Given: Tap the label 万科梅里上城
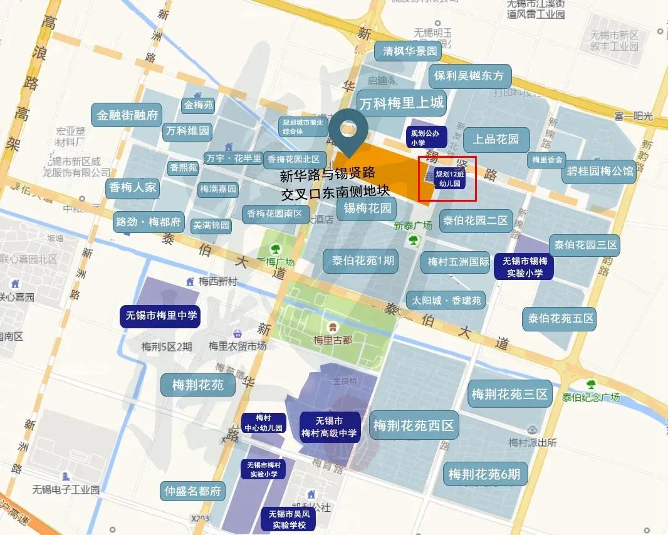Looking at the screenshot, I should click(401, 102).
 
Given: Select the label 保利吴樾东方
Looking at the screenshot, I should click(469, 76).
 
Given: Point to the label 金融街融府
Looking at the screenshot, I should click(127, 116).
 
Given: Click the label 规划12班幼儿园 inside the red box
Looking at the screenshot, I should click(449, 179).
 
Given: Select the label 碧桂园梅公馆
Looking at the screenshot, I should click(600, 172).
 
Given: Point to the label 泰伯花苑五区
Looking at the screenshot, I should click(560, 319).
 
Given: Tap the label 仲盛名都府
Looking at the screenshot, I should click(192, 491).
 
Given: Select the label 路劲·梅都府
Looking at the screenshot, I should click(149, 222).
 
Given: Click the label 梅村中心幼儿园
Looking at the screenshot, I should click(264, 423).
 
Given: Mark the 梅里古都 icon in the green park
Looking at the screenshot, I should click(333, 326).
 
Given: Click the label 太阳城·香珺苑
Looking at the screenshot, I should click(446, 301).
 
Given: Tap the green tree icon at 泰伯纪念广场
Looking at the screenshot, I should click(590, 384).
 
